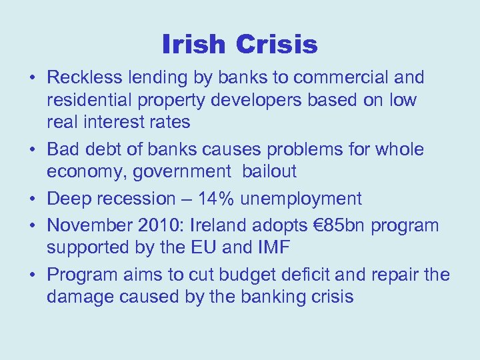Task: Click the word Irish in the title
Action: click(x=193, y=45)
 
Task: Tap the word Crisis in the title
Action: click(x=276, y=45)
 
